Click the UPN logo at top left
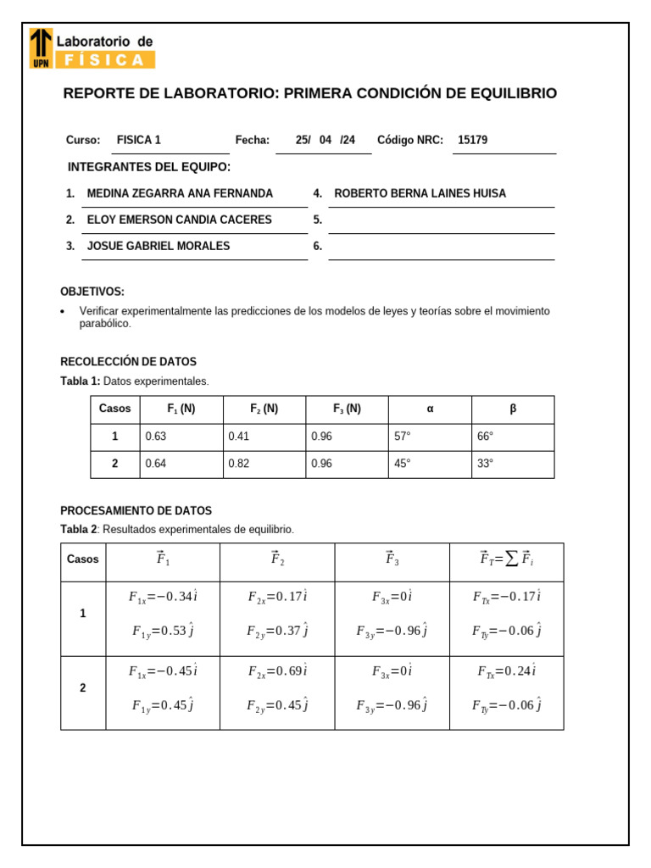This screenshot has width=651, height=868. (40, 47)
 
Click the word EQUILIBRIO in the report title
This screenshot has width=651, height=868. (511, 93)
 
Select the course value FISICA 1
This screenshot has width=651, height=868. (138, 141)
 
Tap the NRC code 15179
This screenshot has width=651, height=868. (472, 141)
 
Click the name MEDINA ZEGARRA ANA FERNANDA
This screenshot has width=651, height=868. (180, 193)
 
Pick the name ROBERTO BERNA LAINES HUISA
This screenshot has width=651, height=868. (420, 193)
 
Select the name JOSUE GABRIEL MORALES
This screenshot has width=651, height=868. (159, 246)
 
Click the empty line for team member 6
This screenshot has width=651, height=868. (441, 248)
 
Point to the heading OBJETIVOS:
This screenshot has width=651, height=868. (92, 292)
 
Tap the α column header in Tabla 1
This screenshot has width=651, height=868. (430, 409)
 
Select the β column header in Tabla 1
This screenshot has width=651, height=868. (512, 409)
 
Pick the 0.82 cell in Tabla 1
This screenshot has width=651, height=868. (238, 464)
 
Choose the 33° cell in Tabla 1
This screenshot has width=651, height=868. (485, 464)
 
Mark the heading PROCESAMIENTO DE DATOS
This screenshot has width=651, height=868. (136, 511)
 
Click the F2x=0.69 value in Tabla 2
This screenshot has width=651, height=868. (277, 671)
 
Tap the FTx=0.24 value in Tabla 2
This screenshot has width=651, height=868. (506, 671)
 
